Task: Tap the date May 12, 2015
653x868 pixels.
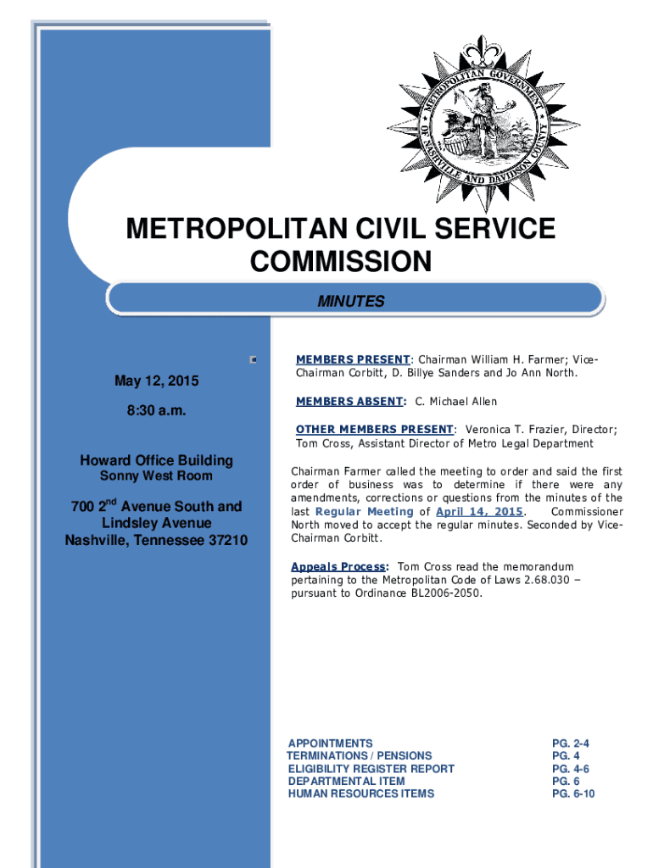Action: point(157,381)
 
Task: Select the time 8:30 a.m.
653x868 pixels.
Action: point(157,411)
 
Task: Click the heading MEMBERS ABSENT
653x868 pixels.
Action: point(350,401)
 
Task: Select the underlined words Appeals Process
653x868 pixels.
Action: point(339,566)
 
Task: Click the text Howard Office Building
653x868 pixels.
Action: point(157,460)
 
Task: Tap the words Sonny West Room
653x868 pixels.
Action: point(157,476)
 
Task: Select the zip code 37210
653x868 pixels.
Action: point(222,540)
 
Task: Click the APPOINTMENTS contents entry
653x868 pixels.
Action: point(330,743)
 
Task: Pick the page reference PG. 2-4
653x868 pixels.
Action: point(571,743)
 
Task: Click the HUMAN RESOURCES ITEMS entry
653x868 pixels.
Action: point(360,793)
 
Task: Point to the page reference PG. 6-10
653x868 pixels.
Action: point(573,793)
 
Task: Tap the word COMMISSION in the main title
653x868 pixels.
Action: point(340,262)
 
